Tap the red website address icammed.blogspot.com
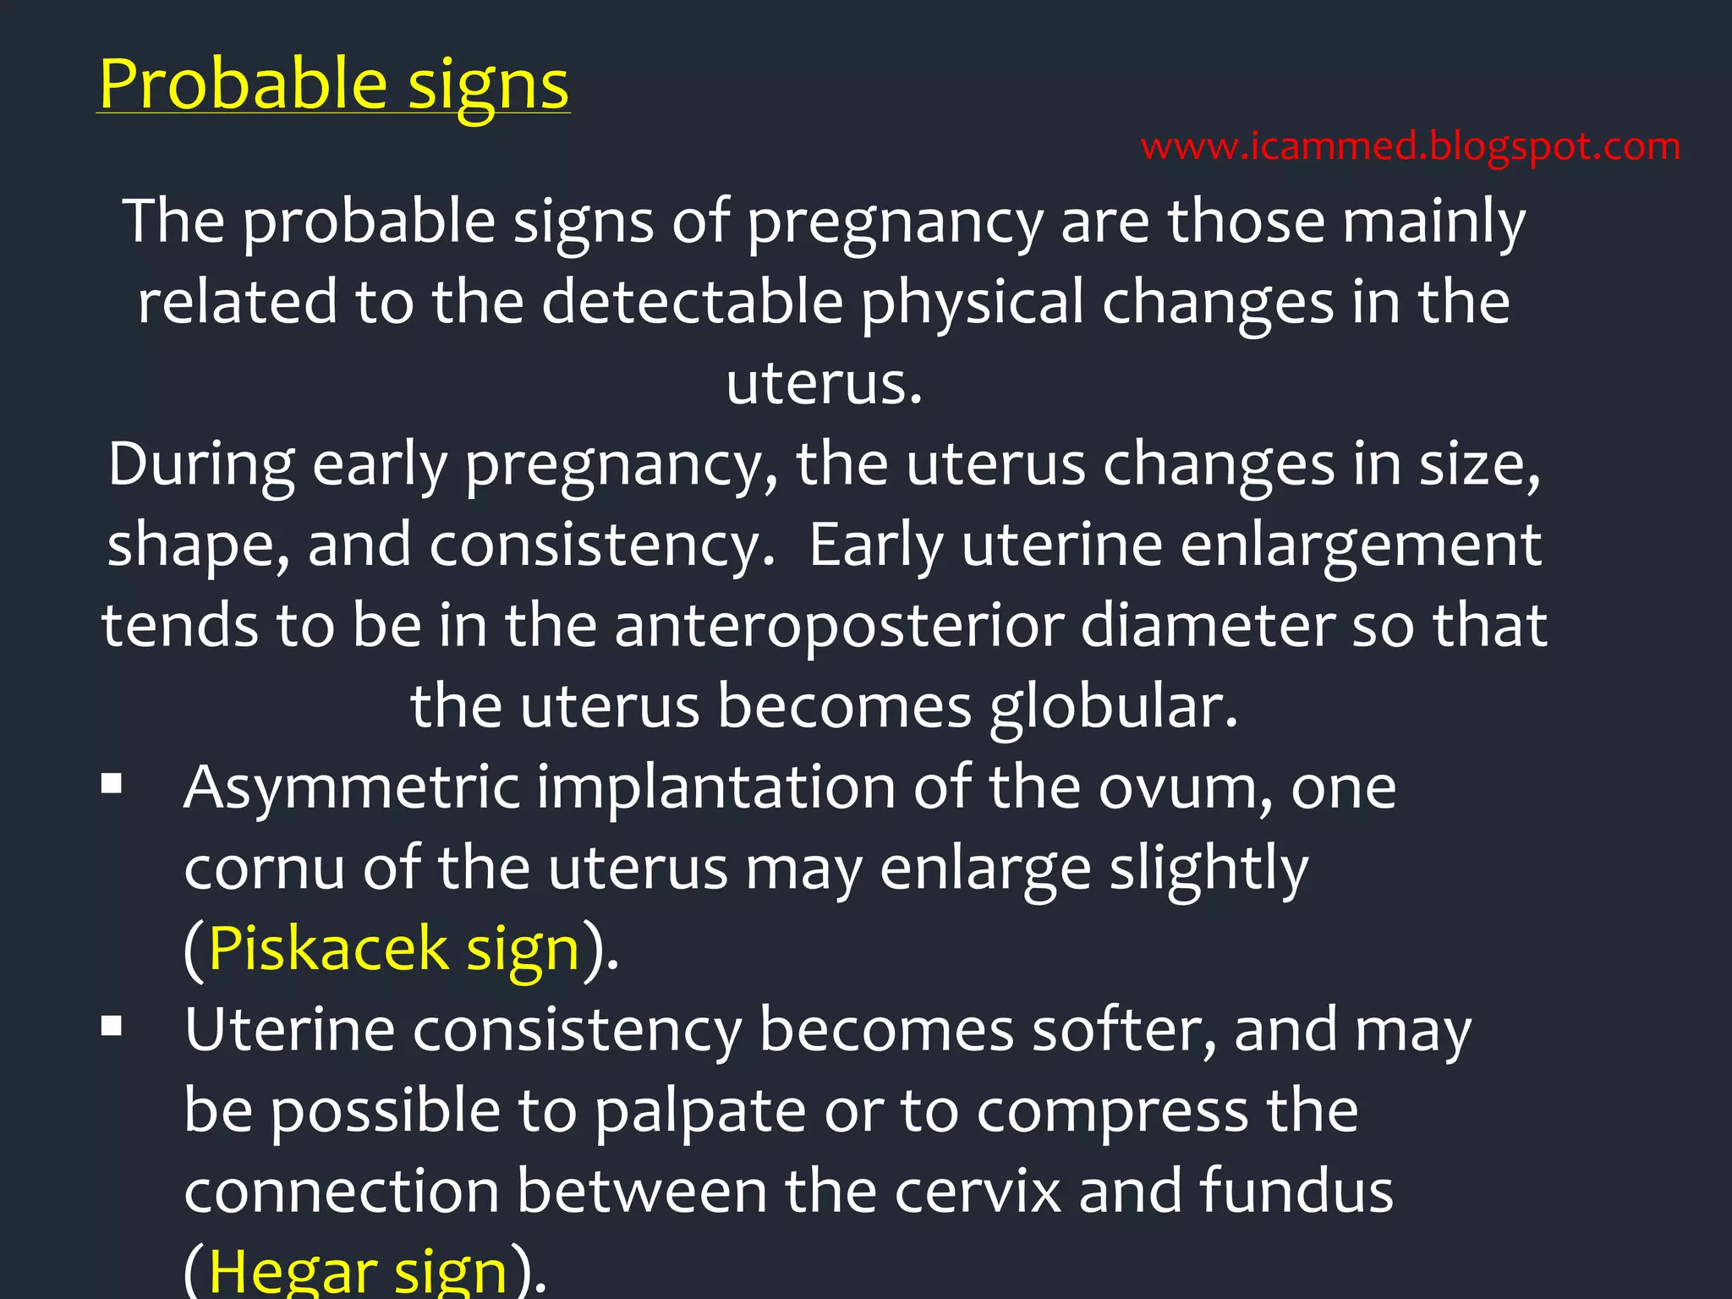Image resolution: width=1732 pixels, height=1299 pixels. coord(1411,147)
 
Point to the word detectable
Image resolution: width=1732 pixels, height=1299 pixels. coord(693,302)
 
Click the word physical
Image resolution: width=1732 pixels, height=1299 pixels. coord(973,304)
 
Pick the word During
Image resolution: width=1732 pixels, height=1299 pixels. coord(201,465)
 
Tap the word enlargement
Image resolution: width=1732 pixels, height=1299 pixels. coord(1361,545)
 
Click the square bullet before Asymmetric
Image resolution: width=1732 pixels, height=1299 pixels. coord(112,784)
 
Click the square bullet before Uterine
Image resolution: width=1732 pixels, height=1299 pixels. coord(112,1027)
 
